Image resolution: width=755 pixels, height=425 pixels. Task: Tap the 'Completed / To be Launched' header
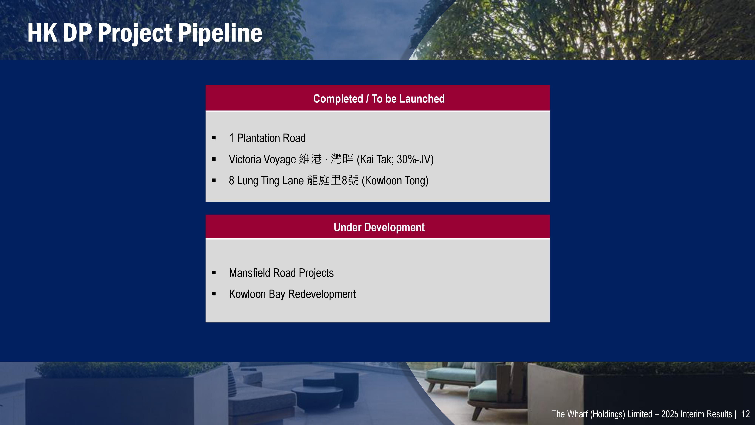(379, 99)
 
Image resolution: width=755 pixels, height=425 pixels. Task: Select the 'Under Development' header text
(379, 227)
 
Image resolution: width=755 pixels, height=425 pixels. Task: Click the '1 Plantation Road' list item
(267, 138)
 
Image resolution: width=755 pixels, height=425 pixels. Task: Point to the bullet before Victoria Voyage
(214, 159)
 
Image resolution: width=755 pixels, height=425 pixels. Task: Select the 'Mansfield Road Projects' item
(281, 273)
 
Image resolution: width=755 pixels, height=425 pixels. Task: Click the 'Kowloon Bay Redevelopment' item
(292, 294)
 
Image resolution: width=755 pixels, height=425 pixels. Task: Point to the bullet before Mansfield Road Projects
(214, 273)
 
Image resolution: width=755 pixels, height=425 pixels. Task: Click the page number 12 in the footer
(745, 414)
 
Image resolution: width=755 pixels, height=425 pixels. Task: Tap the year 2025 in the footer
(670, 414)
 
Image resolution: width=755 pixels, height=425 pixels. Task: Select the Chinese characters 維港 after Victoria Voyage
(310, 159)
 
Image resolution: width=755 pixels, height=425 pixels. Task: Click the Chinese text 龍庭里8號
(333, 180)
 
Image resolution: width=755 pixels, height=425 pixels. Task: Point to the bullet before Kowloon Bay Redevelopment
(214, 294)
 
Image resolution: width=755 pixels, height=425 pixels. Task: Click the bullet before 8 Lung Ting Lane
(214, 180)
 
